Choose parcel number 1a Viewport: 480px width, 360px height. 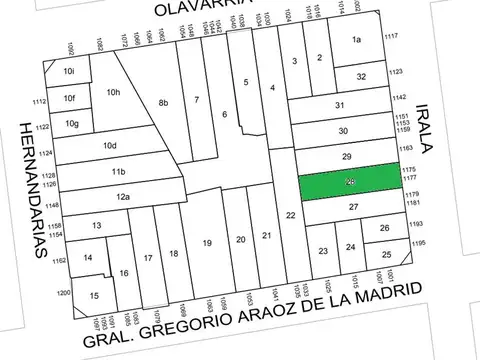[357, 40]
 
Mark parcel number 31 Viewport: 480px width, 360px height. [341, 105]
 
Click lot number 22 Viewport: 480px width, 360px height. [290, 216]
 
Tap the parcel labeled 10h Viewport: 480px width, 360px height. [113, 93]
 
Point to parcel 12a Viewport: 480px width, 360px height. [122, 197]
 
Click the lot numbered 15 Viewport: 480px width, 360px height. [93, 296]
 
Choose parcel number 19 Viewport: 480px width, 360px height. [207, 244]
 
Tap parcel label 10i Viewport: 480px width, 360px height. [68, 72]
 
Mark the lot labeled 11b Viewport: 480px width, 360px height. [118, 171]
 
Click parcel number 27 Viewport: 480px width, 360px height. [353, 206]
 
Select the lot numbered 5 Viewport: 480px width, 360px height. [245, 82]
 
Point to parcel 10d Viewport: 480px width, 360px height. [110, 146]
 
